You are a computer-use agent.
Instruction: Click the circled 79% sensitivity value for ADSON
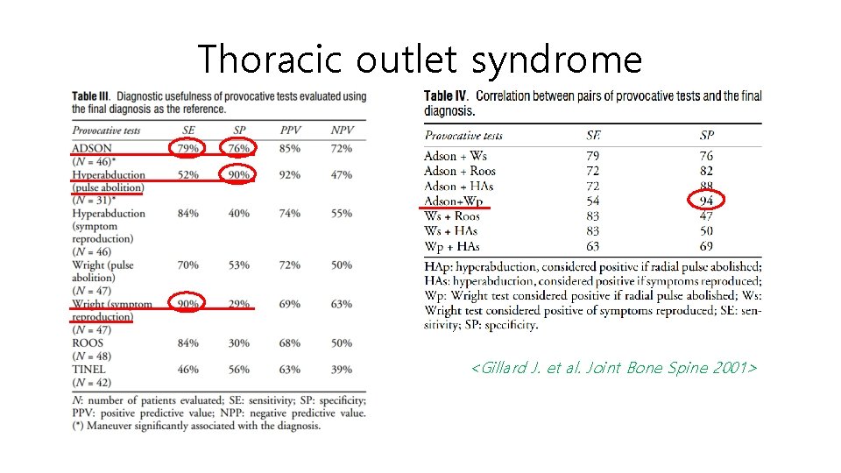point(187,149)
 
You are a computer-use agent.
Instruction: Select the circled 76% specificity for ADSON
point(238,149)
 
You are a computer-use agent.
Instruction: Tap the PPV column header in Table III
point(290,131)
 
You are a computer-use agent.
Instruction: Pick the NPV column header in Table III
point(342,131)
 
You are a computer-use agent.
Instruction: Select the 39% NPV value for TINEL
point(342,370)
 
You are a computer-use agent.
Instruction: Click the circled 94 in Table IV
point(706,201)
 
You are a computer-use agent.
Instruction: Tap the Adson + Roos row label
point(459,172)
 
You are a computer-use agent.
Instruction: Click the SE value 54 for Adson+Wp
point(593,201)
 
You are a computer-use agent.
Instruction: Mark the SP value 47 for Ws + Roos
point(706,216)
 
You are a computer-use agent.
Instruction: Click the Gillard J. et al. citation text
point(613,368)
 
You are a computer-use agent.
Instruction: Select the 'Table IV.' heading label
point(446,95)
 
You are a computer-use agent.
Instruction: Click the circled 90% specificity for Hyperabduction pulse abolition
point(238,174)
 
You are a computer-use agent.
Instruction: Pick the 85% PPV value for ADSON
point(290,149)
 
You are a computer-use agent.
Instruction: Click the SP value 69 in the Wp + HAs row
point(706,246)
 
